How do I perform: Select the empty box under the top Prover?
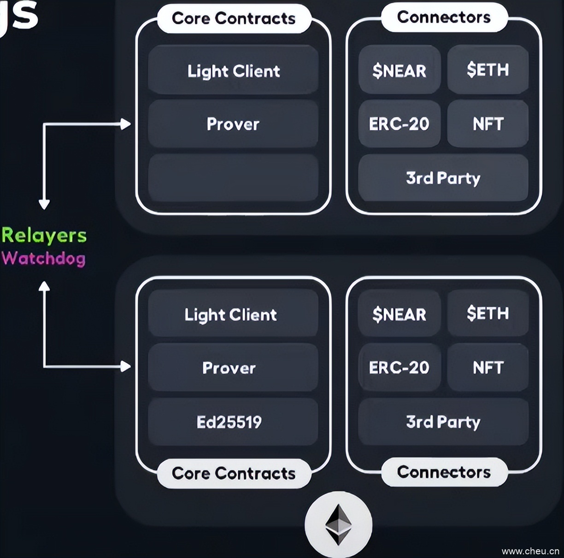233,178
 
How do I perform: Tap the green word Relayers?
44,235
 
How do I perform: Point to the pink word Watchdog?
44,258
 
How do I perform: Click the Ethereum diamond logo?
339,525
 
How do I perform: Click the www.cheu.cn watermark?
530,551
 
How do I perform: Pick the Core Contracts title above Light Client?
234,18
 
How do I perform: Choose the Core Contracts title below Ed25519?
234,473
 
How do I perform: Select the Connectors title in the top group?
444,17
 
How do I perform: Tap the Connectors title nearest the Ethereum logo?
444,472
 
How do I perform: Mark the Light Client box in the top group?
233,70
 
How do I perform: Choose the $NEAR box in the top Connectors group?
399,70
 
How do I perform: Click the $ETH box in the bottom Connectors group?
488,314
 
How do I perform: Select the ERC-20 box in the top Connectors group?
399,124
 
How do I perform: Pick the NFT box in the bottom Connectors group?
488,367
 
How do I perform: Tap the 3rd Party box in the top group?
443,178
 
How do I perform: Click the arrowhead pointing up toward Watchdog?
44,286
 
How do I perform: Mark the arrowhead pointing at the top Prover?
125,124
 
